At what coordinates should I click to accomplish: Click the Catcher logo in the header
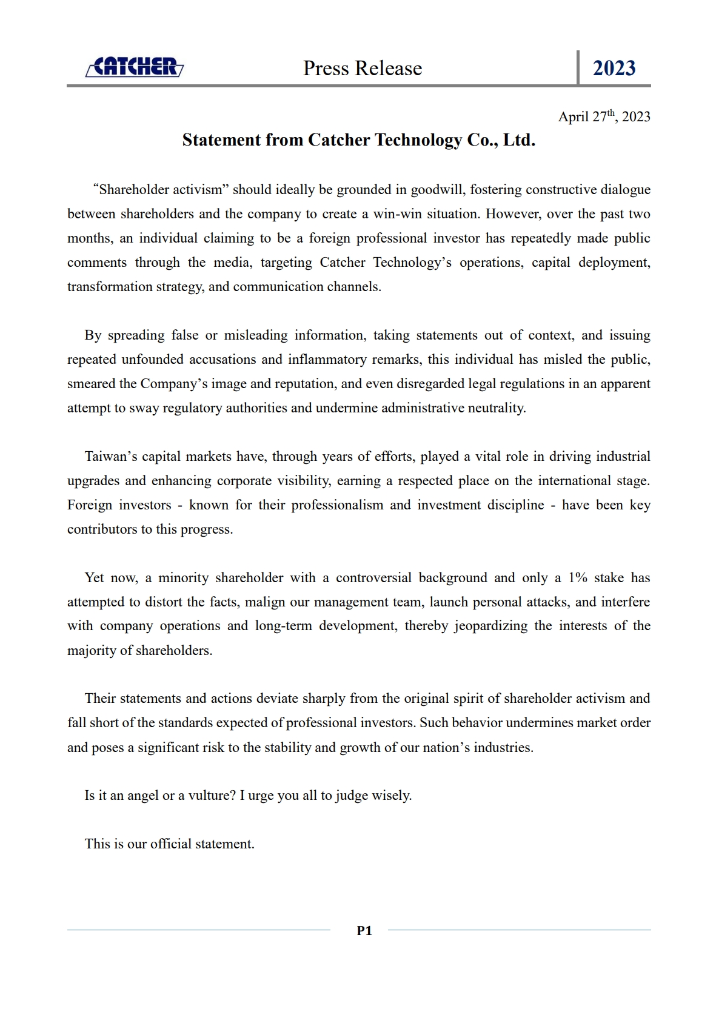(135, 67)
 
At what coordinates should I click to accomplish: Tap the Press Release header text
(363, 68)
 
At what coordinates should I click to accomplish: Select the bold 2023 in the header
(614, 68)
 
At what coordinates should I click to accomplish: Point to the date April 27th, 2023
(604, 116)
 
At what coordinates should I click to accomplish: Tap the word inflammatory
(327, 360)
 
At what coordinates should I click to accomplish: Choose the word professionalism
(337, 505)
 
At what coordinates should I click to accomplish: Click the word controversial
(373, 578)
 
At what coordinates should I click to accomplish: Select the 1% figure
(578, 578)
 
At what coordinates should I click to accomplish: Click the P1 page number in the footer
(364, 931)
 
